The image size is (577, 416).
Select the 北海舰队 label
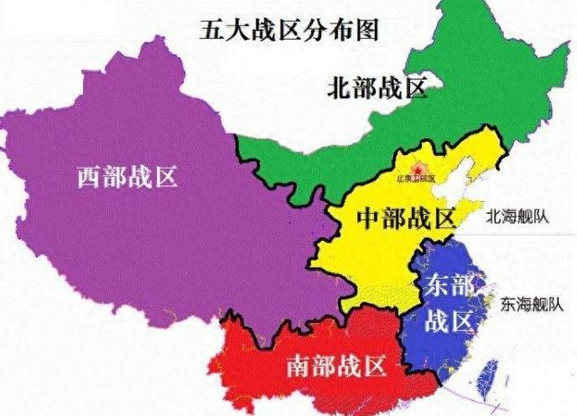515,217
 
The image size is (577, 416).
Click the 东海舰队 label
529,304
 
